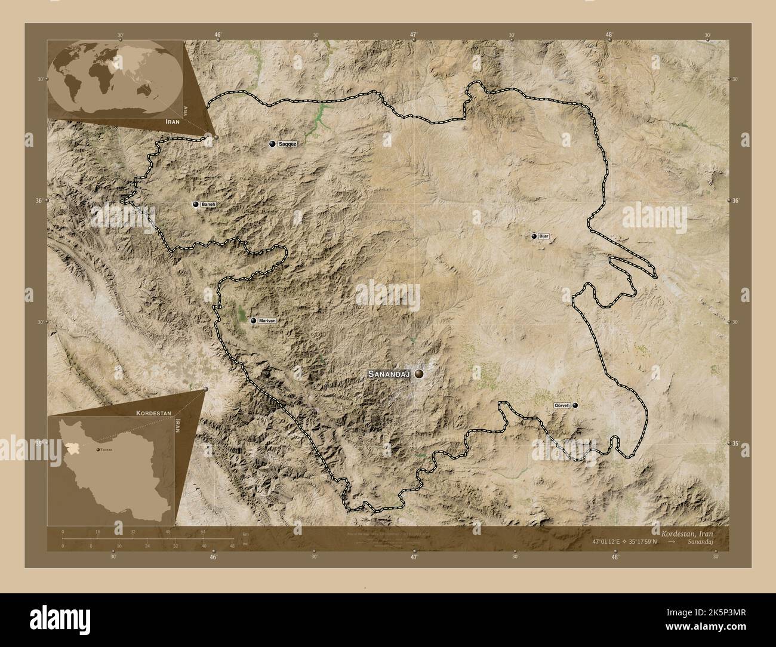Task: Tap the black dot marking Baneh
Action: tap(195, 204)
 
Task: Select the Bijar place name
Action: tap(543, 236)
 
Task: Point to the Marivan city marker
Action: tap(253, 321)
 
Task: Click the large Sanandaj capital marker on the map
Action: tap(420, 374)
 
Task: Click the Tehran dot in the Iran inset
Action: tap(98, 449)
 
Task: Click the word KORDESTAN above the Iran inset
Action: tap(154, 412)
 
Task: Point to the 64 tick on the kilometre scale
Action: tap(203, 531)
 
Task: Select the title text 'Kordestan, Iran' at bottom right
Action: tap(686, 532)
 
